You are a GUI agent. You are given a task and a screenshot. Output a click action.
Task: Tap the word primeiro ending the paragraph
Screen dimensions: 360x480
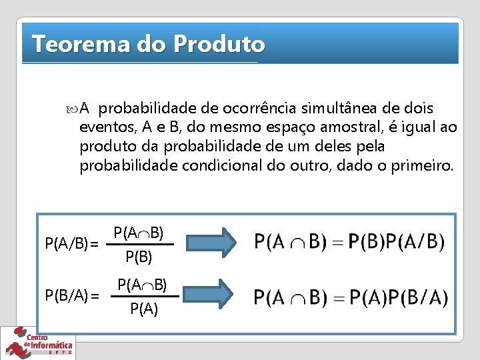coord(421,165)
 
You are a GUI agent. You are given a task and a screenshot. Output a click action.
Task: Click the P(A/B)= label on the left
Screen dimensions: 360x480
coord(71,245)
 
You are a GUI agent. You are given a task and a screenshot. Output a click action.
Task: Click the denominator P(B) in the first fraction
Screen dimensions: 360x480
coord(139,257)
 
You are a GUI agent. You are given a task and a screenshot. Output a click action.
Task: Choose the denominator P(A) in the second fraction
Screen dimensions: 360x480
coord(144,309)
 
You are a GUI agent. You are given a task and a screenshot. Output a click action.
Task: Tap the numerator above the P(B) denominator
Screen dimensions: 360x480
coord(139,233)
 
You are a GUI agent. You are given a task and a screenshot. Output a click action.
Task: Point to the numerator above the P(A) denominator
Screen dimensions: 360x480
coord(143,285)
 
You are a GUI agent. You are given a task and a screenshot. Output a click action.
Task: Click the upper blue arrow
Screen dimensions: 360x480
coord(211,242)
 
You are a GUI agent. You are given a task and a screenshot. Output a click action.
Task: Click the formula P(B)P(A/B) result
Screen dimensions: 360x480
coord(349,241)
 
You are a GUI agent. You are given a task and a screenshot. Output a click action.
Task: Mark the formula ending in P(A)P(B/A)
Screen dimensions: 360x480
coord(351,297)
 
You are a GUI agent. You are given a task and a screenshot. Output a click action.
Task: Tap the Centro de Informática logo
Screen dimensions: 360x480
coord(39,343)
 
